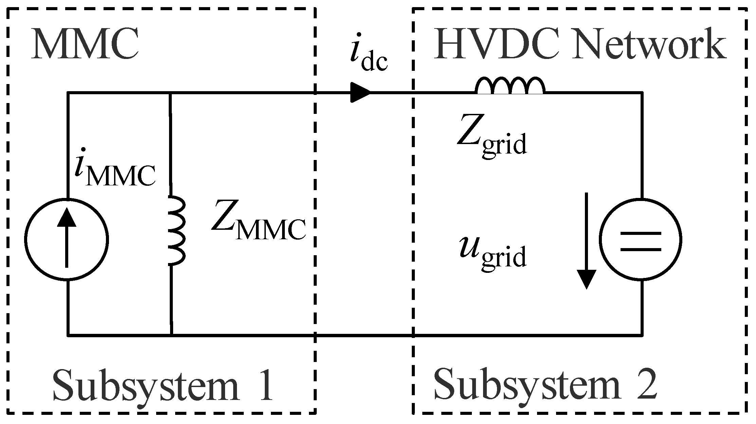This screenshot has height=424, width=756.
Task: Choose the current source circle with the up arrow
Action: [x=67, y=239]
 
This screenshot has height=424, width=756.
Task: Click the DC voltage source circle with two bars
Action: [x=641, y=239]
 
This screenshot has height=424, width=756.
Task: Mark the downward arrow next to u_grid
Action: [x=587, y=241]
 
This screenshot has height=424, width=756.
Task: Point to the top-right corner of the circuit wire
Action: [x=641, y=92]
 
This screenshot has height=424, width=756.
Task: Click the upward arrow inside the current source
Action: [x=67, y=237]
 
